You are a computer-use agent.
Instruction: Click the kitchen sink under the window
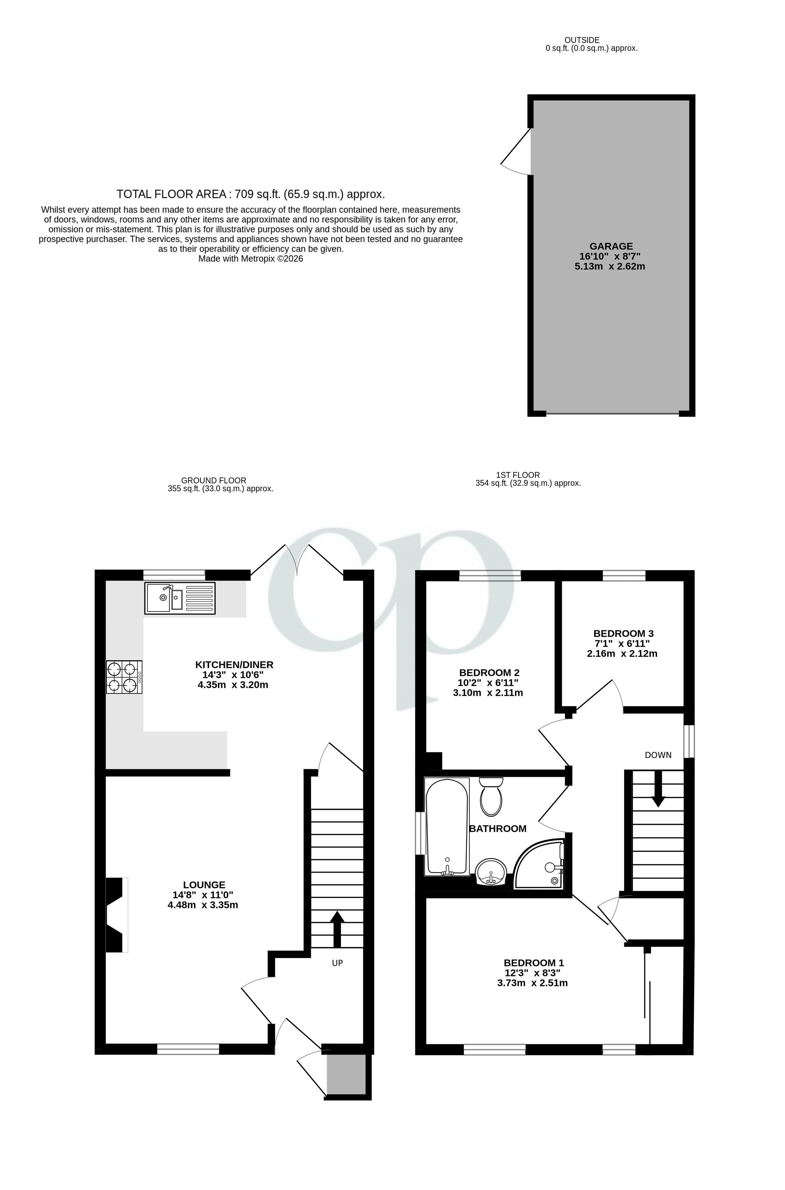pos(180,598)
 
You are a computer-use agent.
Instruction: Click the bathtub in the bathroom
pos(447,827)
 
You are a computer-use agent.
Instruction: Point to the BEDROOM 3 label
pos(623,633)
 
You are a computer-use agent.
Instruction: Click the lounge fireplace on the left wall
pos(116,915)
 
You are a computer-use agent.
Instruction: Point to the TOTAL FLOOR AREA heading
pos(250,194)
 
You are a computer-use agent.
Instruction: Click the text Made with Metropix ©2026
pos(250,259)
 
